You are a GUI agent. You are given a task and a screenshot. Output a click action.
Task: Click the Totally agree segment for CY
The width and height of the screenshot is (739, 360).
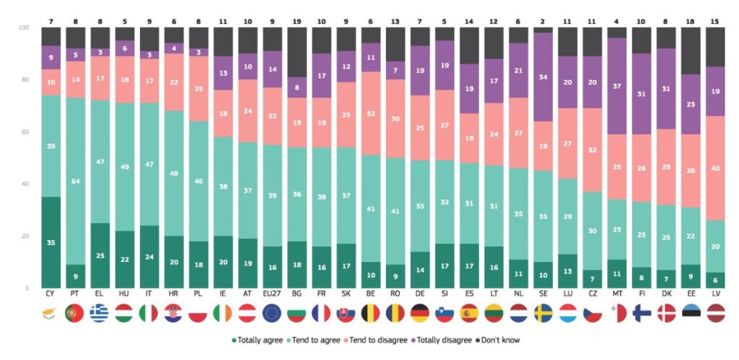pyautogui.click(x=51, y=242)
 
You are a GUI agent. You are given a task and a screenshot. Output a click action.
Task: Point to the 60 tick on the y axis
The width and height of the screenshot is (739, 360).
pyautogui.click(x=23, y=132)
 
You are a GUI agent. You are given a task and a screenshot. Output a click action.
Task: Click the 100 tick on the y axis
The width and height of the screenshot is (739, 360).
pyautogui.click(x=22, y=27)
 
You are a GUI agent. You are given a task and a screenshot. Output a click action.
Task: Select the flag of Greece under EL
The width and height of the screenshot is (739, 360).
pyautogui.click(x=100, y=314)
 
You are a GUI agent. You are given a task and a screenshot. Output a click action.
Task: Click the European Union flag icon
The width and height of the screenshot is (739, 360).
pyautogui.click(x=272, y=314)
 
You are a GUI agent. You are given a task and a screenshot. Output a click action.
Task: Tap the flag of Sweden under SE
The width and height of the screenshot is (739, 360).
pyautogui.click(x=543, y=314)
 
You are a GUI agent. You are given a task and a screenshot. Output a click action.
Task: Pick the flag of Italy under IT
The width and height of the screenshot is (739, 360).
pyautogui.click(x=149, y=314)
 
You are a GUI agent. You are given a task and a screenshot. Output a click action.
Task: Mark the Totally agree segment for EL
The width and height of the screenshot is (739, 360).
pyautogui.click(x=100, y=255)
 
